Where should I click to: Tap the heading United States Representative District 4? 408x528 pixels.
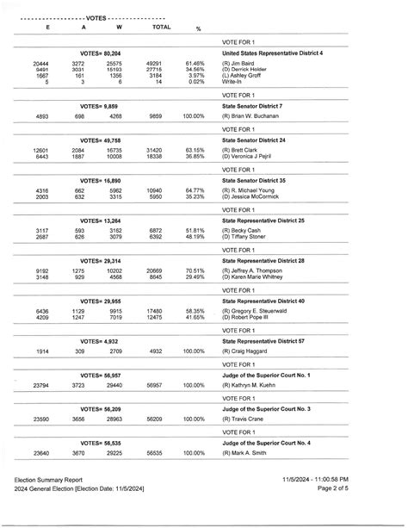(284, 53)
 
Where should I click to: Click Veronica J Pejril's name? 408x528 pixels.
(251, 156)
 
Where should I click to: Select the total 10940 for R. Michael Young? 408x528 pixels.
(153, 189)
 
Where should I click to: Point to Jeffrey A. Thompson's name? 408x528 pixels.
(257, 270)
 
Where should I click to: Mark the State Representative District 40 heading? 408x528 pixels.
(275, 301)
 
